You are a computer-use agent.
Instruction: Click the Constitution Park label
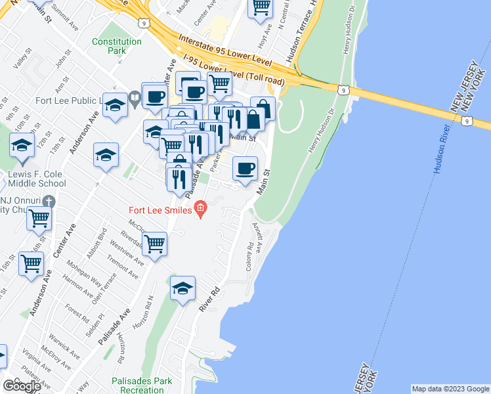(x=117, y=46)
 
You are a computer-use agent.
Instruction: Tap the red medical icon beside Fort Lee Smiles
(x=201, y=210)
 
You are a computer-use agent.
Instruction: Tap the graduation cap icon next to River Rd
(x=183, y=289)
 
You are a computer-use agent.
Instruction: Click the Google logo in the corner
(x=22, y=386)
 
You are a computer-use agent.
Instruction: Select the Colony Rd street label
(x=250, y=255)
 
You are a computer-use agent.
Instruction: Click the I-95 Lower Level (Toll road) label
(x=234, y=71)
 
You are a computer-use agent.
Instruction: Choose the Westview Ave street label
(x=127, y=253)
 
